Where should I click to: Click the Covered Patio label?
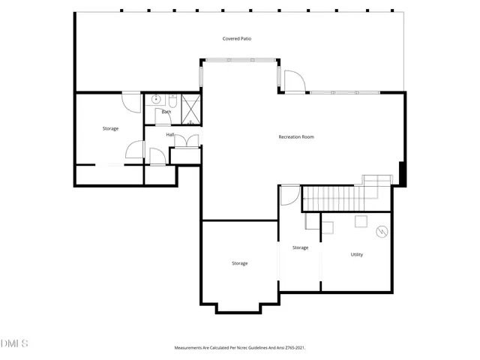coord(236,38)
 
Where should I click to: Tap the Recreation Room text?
coord(295,136)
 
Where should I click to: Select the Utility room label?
coord(357,255)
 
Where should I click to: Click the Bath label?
coord(166,112)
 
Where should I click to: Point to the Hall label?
coord(170,134)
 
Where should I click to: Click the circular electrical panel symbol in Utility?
coord(381,232)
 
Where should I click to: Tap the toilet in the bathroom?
coord(172,99)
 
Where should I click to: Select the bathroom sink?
coord(157,99)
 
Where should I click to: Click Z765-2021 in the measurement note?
coord(293,348)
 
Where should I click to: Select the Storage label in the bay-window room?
coord(239,263)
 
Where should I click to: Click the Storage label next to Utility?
coord(300,247)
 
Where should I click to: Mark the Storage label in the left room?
coord(110,128)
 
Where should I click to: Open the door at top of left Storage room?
coord(131,102)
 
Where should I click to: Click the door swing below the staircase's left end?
coord(289,196)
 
